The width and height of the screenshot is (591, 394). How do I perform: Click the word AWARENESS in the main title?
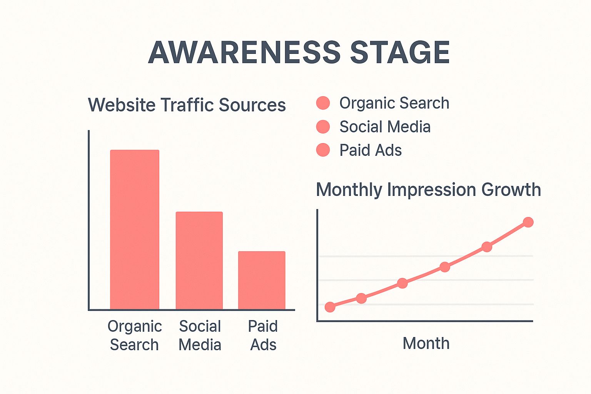(x=244, y=52)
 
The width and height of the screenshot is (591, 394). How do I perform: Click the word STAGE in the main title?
(x=400, y=52)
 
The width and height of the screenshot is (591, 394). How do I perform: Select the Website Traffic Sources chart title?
(x=187, y=105)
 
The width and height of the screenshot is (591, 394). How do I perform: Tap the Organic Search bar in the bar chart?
(x=135, y=229)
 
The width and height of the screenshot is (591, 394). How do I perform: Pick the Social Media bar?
(x=199, y=260)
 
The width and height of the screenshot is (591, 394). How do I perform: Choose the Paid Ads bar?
(x=262, y=280)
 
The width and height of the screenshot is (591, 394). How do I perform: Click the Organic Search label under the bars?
(x=134, y=336)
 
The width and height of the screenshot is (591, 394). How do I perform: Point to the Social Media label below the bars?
(x=200, y=336)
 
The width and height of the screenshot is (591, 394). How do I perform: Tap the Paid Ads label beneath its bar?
(x=263, y=336)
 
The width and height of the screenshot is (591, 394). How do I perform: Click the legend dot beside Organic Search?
(x=323, y=103)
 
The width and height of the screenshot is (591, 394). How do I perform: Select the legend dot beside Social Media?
(x=323, y=127)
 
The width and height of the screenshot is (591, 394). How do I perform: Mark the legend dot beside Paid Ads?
(x=323, y=150)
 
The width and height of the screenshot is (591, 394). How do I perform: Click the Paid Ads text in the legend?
(x=370, y=150)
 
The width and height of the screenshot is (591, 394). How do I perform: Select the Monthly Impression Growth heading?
(x=428, y=190)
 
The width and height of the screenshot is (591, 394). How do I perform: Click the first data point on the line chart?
(x=330, y=307)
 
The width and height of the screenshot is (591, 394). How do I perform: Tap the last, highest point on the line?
(x=528, y=222)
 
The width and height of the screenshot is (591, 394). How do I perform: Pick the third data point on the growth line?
(x=402, y=283)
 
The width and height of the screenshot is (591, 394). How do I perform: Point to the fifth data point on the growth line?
(x=487, y=247)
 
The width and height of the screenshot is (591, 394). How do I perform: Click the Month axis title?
(x=426, y=343)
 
